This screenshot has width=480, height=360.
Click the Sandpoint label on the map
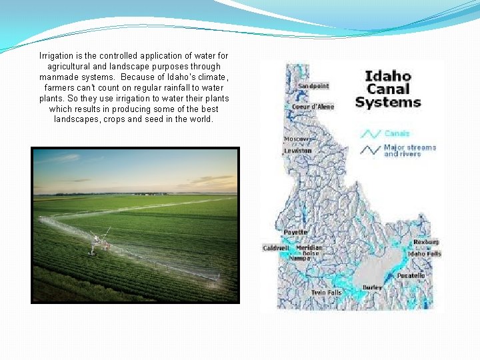coord(313,86)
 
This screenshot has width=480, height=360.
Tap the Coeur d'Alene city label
coord(313,107)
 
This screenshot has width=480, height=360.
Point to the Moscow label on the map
coord(297,139)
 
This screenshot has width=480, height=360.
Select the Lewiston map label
coord(297,151)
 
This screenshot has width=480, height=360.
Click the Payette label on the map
coord(296,232)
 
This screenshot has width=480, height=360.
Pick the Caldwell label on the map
coord(275,248)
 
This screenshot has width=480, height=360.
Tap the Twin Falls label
coord(326,293)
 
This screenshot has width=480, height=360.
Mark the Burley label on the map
coord(372,287)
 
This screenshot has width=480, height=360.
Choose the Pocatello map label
coord(411,275)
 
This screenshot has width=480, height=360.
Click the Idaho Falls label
coord(425,254)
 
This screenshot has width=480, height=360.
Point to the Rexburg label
coord(426,242)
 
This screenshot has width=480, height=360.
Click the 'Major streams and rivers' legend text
coord(409,151)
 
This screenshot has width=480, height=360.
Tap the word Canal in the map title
coord(388,89)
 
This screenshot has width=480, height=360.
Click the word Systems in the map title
coord(388,102)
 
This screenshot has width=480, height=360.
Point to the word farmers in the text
coord(61,87)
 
